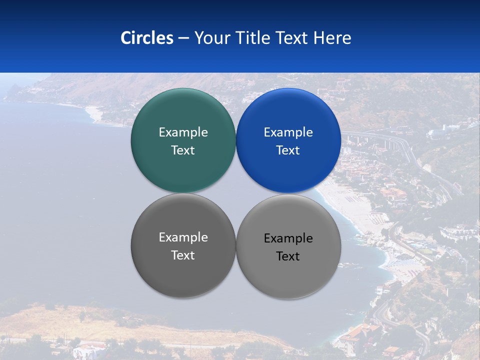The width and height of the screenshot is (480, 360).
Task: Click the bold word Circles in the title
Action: (147, 38)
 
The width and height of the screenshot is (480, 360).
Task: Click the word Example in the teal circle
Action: (183, 132)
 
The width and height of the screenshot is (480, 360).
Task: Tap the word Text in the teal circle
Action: (183, 150)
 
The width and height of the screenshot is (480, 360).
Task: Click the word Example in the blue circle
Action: (288, 132)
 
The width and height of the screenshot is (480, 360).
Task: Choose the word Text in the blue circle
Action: (288, 150)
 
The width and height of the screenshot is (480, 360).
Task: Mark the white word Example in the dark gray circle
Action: (183, 237)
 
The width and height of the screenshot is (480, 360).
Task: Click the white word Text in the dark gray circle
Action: (183, 255)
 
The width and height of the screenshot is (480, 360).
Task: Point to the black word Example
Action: (288, 238)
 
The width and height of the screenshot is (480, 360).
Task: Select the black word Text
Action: (288, 256)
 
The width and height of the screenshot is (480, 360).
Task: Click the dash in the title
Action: (183, 38)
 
